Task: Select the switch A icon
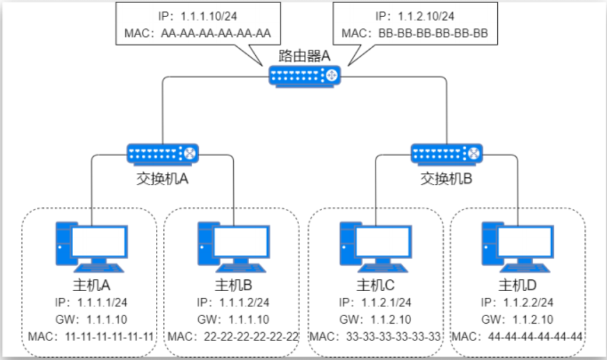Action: click(163, 154)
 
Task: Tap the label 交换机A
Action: click(163, 179)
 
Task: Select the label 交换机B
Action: click(446, 179)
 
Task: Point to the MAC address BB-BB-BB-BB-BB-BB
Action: click(433, 34)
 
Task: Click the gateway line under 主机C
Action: click(375, 320)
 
